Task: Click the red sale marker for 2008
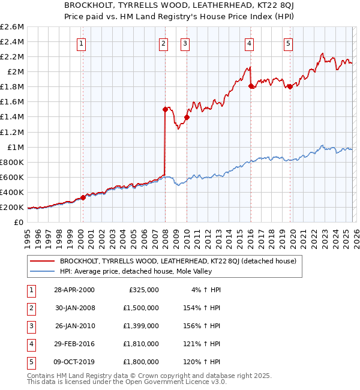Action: [164, 109]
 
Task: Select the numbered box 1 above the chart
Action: [81, 43]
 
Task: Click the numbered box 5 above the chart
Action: [289, 43]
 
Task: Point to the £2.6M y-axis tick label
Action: [13, 27]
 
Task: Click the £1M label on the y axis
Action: [16, 147]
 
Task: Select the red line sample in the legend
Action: [43, 261]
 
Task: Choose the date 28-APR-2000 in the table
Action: [74, 289]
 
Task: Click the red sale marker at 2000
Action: [83, 197]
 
